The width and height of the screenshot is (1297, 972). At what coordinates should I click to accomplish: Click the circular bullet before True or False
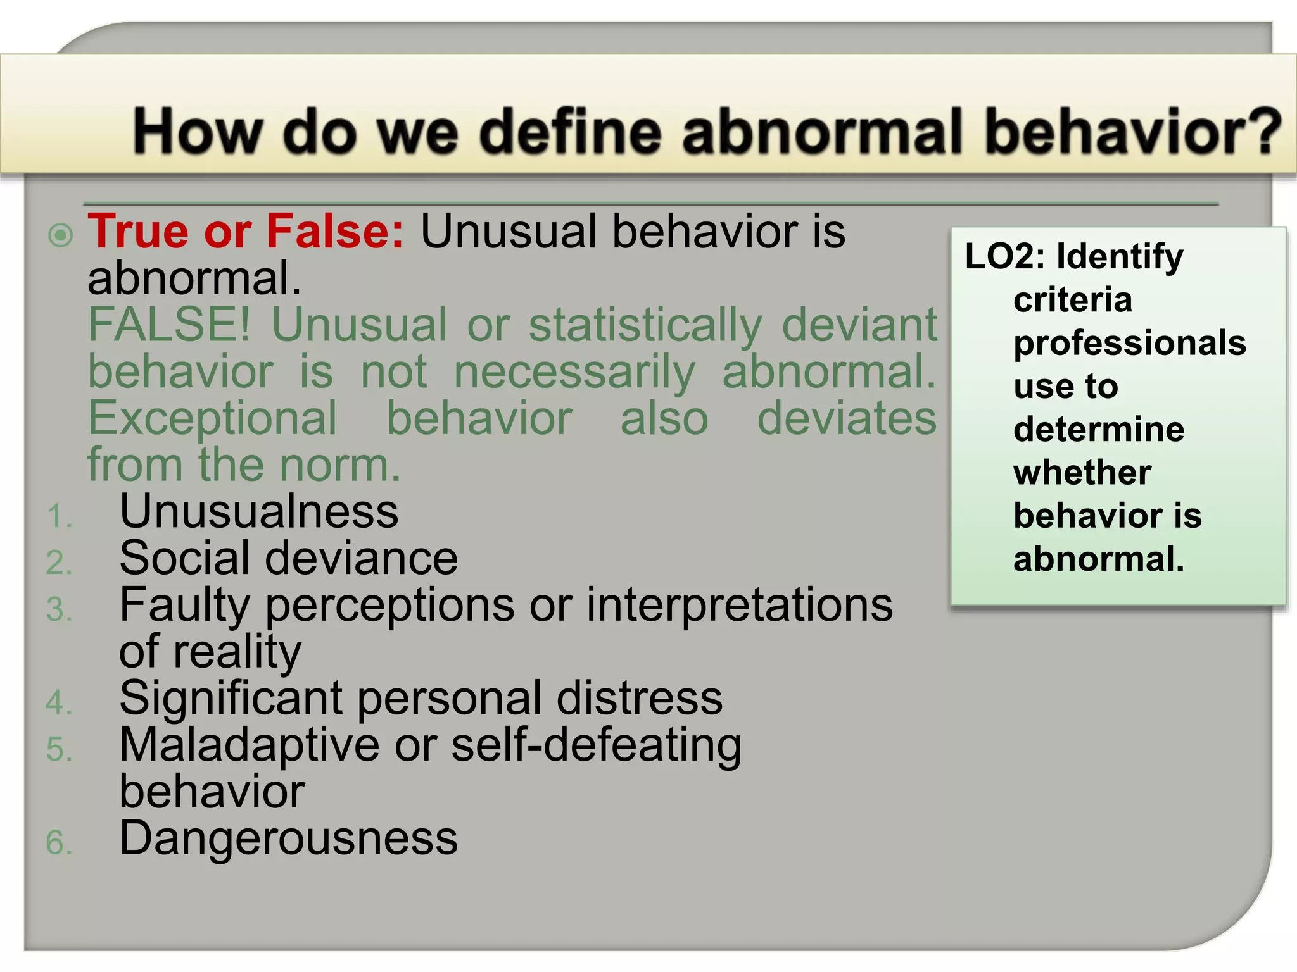click(x=61, y=236)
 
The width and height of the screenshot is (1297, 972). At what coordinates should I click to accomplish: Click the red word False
click(x=334, y=232)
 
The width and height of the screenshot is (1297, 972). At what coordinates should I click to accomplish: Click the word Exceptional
click(x=213, y=418)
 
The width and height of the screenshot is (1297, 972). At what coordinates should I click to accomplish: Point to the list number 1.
click(x=59, y=516)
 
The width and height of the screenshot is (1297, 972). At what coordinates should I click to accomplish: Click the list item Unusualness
click(x=258, y=511)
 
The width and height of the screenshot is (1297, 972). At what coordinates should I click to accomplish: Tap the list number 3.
click(x=59, y=610)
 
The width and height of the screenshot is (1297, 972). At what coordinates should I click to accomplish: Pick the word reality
click(x=237, y=652)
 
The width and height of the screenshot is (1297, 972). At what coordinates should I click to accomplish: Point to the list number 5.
click(x=59, y=750)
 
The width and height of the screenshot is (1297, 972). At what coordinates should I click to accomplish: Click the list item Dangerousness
click(x=288, y=838)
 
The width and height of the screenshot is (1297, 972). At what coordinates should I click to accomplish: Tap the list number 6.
click(x=59, y=844)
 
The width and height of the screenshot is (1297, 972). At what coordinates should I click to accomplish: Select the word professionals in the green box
click(x=1129, y=343)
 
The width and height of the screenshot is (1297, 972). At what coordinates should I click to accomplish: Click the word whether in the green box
click(x=1082, y=473)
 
